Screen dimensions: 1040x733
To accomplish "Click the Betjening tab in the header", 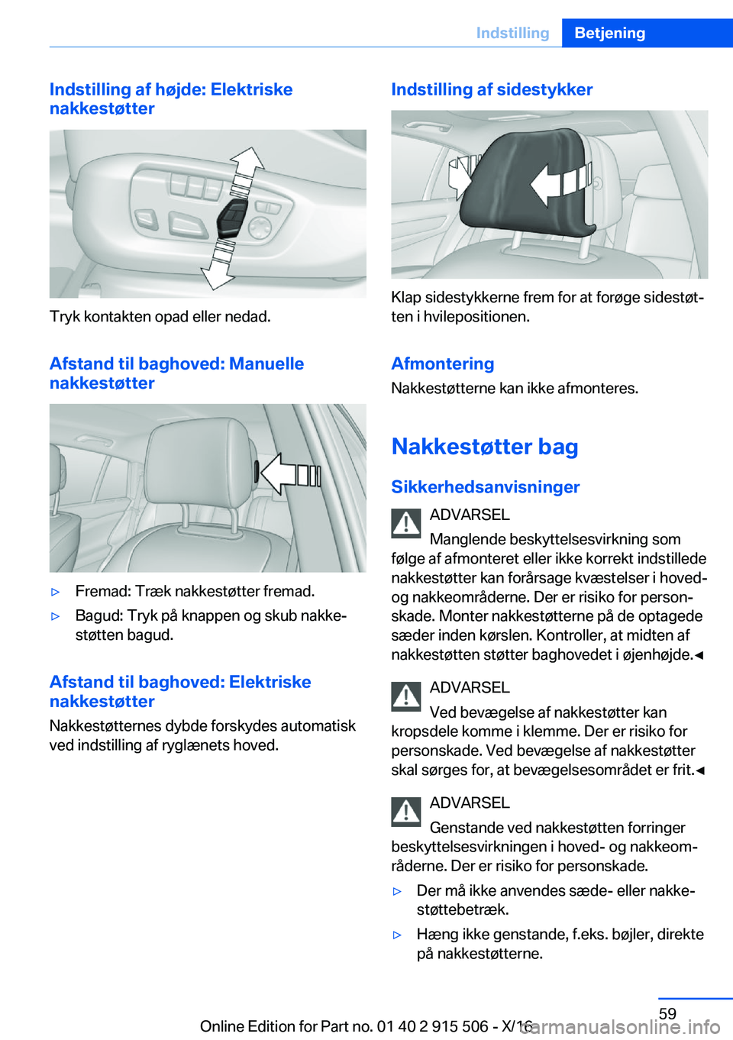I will coord(609,33).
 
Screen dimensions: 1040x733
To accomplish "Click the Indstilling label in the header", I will coord(512,33).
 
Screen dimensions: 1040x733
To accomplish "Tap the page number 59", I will coord(667,1013).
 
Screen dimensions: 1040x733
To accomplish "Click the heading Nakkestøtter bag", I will coord(484,446).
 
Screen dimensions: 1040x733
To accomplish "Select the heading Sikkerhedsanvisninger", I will coord(485,486).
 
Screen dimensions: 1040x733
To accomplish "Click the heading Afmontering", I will coord(442,363).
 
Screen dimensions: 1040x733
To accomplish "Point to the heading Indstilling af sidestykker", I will coord(491,89).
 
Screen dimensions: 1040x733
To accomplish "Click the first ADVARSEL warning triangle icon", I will coord(406,523).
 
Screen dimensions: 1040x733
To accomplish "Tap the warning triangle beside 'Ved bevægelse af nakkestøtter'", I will coord(406,696).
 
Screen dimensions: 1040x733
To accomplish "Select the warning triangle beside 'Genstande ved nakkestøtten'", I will coord(406,811).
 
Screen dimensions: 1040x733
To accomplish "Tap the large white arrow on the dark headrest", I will coord(557,183).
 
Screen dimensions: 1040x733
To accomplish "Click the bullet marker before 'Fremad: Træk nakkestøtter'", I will coord(55,592).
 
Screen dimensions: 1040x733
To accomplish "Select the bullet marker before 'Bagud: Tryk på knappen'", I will coord(55,616).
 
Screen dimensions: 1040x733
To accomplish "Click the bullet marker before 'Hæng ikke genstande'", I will coord(397,935).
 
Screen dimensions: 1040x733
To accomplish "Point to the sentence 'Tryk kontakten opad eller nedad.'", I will coord(160,316).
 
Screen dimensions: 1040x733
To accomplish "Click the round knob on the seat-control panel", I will coord(260,227).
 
